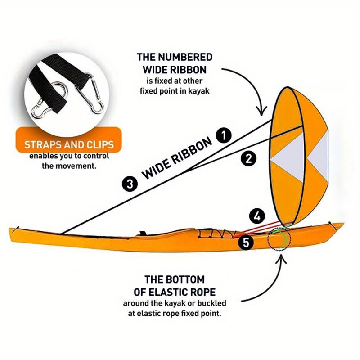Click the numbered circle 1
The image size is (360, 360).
click(224, 135)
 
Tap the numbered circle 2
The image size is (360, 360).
click(249, 159)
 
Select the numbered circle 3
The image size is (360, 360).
click(130, 184)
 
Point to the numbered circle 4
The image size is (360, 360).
click(257, 216)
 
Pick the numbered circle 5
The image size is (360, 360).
click(246, 242)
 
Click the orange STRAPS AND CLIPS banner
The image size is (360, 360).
click(69, 139)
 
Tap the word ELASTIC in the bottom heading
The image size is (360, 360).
click(166, 292)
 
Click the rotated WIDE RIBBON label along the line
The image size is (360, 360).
click(177, 158)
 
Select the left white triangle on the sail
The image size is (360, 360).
click(288, 158)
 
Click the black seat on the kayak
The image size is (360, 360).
click(143, 233)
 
